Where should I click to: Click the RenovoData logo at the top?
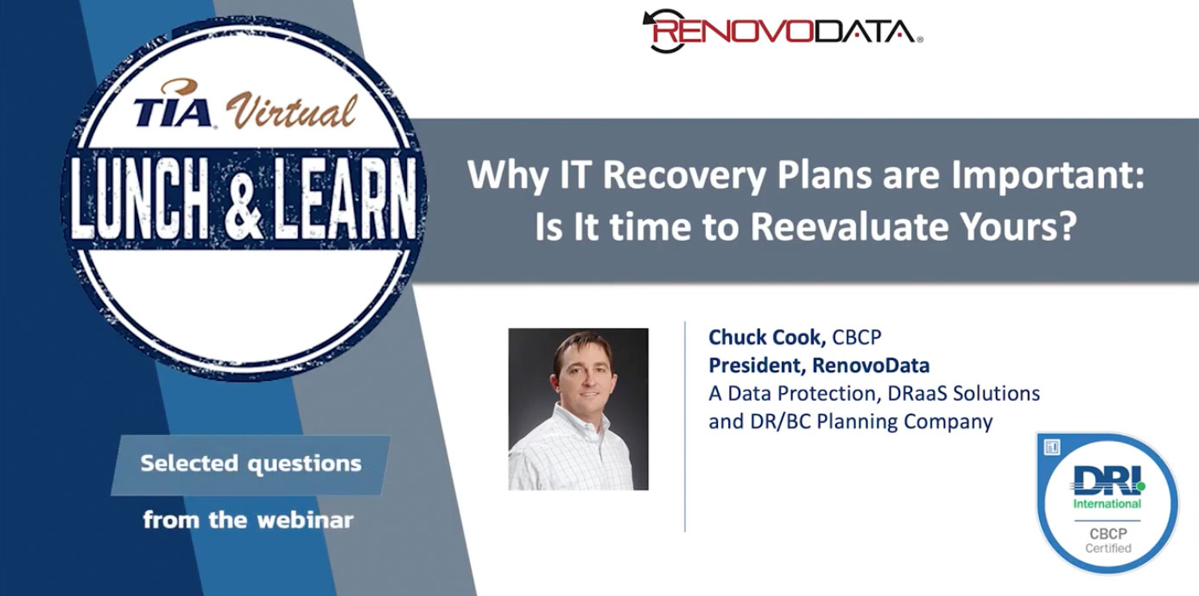[x=783, y=31]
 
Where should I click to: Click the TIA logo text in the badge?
[x=173, y=111]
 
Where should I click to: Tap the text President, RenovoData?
[x=819, y=365]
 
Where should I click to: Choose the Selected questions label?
[x=251, y=464]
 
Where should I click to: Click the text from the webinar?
[x=248, y=519]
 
